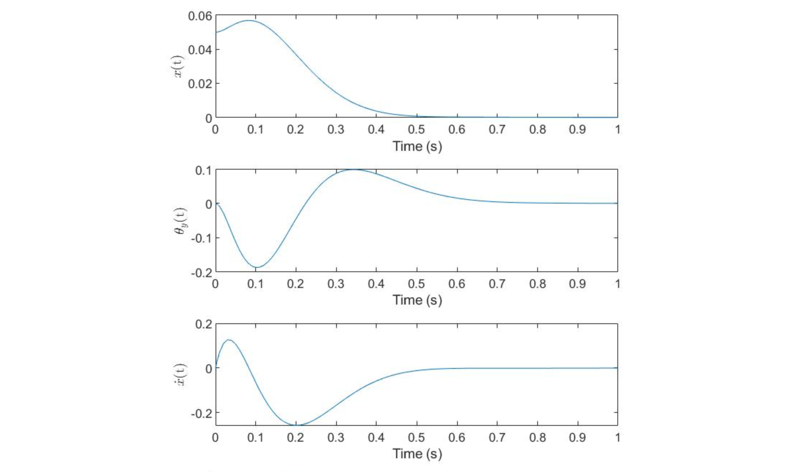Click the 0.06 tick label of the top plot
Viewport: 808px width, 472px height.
pos(200,16)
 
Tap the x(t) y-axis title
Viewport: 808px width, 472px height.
pos(178,66)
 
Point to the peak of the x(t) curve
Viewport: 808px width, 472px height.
pos(249,21)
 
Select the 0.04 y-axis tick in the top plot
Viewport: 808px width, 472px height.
pos(200,50)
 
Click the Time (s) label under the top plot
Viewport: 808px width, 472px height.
pos(417,147)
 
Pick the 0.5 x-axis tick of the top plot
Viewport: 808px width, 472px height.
pos(416,130)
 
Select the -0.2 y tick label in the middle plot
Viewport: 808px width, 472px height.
pos(201,273)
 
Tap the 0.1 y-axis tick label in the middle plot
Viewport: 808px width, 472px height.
pos(203,171)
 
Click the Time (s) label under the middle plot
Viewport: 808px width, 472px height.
pos(417,300)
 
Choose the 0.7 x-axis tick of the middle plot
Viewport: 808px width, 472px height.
pos(497,284)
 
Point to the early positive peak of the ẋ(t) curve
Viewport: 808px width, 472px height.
pos(229,340)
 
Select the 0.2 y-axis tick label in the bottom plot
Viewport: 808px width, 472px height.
pos(203,324)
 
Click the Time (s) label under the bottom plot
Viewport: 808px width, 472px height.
pos(417,454)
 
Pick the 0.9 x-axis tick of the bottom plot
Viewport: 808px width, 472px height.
pos(577,438)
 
